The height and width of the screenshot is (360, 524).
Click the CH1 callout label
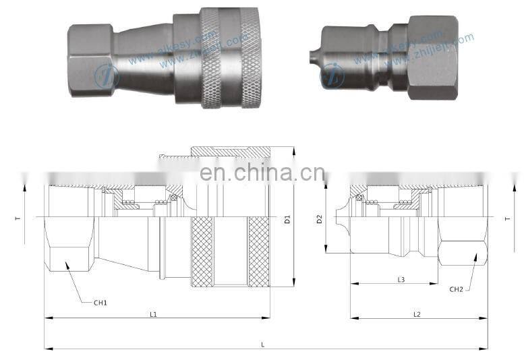[x=100, y=303]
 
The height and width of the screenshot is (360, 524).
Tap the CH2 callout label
[x=457, y=289]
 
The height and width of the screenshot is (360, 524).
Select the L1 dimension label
[x=153, y=314]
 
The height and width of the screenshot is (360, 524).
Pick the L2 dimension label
[x=417, y=314]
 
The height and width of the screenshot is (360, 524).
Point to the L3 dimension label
[x=401, y=279]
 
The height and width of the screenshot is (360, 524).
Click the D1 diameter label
[x=287, y=219]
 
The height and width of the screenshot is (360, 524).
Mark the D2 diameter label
[x=320, y=219]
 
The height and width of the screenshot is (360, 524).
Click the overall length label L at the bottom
[x=263, y=344]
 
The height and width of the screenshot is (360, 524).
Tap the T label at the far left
[x=18, y=219]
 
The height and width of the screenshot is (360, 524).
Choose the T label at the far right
[x=507, y=219]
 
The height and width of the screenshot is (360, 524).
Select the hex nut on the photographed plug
[x=432, y=57]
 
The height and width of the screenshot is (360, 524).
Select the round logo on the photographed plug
[x=332, y=76]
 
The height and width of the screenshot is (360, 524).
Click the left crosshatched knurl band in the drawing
[x=202, y=251]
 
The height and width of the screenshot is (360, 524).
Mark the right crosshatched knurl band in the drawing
[x=258, y=251]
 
